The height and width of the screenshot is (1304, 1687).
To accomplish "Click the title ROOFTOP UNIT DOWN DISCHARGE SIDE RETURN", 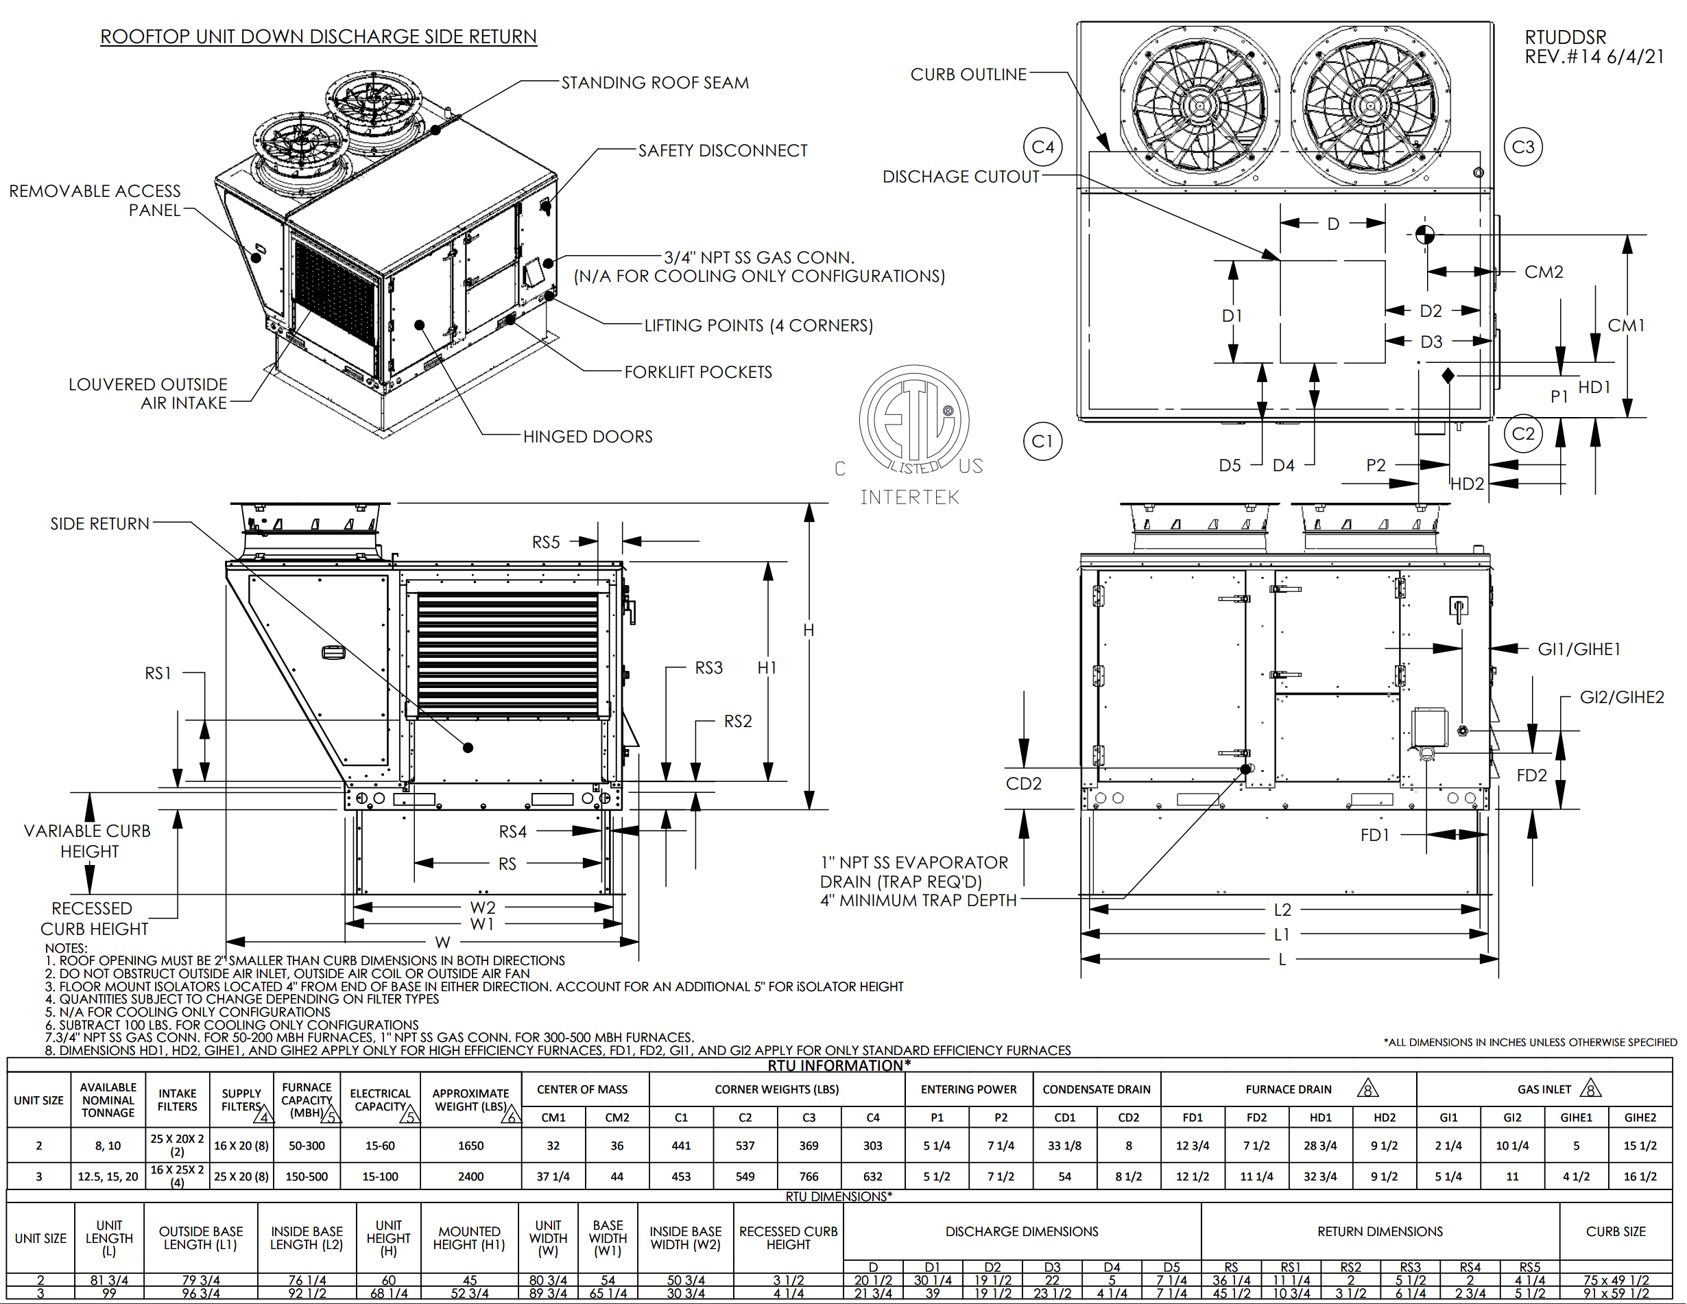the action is tap(318, 36).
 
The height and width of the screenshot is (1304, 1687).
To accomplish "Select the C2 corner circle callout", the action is tap(1522, 434).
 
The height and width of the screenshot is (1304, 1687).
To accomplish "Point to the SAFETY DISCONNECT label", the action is tap(722, 151).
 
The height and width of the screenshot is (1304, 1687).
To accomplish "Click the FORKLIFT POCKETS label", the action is tap(697, 372).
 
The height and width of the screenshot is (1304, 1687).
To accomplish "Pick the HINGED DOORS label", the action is tap(587, 436).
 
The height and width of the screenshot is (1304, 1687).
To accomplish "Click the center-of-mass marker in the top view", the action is tap(1425, 234).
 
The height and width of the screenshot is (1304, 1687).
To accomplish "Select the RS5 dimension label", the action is tap(545, 543).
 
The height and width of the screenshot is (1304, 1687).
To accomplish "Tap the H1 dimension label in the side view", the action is tap(766, 667).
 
